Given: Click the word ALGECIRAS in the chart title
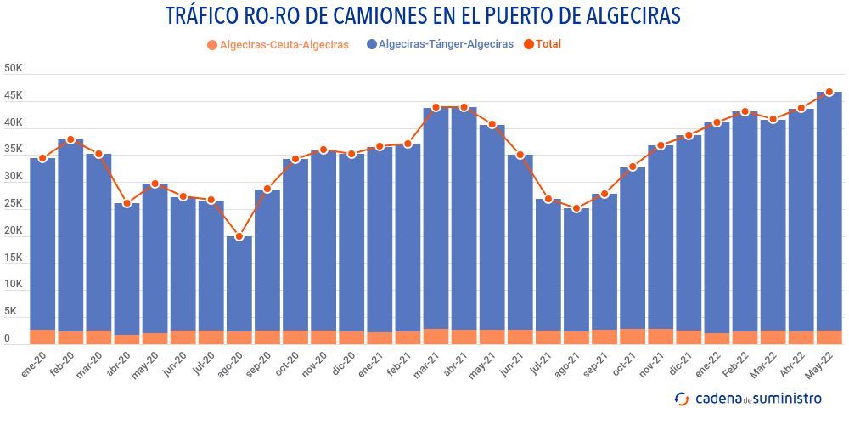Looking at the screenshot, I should pyautogui.click(x=617, y=16).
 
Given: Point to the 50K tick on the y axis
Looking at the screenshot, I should pyautogui.click(x=13, y=68).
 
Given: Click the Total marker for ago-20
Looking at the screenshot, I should pyautogui.click(x=239, y=236).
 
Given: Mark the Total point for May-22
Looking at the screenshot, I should pyautogui.click(x=829, y=92).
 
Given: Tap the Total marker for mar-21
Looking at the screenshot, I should pyautogui.click(x=436, y=108).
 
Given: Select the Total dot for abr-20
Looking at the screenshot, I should pyautogui.click(x=127, y=203).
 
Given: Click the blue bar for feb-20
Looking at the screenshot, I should pyautogui.click(x=70, y=238).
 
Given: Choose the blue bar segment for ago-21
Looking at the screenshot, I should pyautogui.click(x=576, y=272).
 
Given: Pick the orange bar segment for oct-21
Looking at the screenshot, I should pyautogui.click(x=633, y=337).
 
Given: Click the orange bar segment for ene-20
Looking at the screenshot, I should pyautogui.click(x=42, y=337).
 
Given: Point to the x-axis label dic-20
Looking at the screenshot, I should pyautogui.click(x=344, y=365).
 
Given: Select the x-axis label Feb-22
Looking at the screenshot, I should pyautogui.click(x=736, y=366).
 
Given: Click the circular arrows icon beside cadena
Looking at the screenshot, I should pyautogui.click(x=681, y=399).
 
